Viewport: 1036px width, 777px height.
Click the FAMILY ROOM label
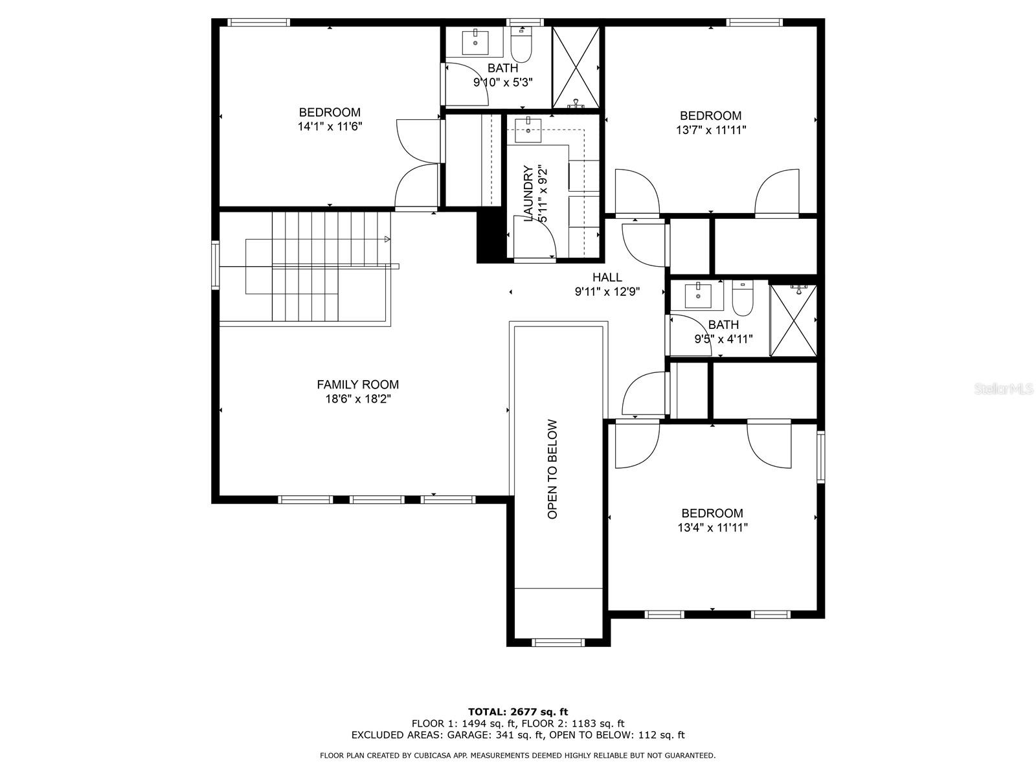tap(357, 385)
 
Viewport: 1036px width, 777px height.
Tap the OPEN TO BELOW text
tap(552, 469)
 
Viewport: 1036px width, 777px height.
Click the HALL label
tap(607, 278)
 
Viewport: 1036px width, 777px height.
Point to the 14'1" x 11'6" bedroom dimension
tap(330, 127)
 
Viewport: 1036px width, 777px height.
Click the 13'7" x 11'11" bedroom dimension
tap(710, 130)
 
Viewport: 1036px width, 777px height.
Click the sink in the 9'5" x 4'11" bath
tap(698, 297)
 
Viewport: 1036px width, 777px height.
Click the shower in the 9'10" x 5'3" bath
tap(576, 68)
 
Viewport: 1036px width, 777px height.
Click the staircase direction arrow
tap(387, 240)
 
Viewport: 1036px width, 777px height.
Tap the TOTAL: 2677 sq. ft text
tap(518, 712)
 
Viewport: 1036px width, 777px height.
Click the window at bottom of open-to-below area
tap(557, 642)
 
